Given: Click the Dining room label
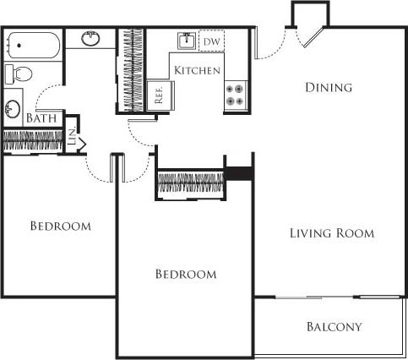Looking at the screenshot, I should [x=328, y=87].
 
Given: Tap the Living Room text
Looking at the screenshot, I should [x=331, y=233].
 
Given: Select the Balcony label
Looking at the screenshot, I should [x=334, y=327].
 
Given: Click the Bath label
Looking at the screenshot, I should [x=41, y=119].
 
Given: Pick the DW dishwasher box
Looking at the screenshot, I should [x=212, y=41].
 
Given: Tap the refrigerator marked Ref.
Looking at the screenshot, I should [x=158, y=95].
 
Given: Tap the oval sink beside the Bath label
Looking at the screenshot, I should [x=14, y=108].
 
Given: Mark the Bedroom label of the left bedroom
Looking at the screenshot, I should [x=60, y=226].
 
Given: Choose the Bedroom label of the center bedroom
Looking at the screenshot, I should [x=186, y=274].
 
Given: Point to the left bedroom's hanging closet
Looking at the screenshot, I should [x=34, y=141].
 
